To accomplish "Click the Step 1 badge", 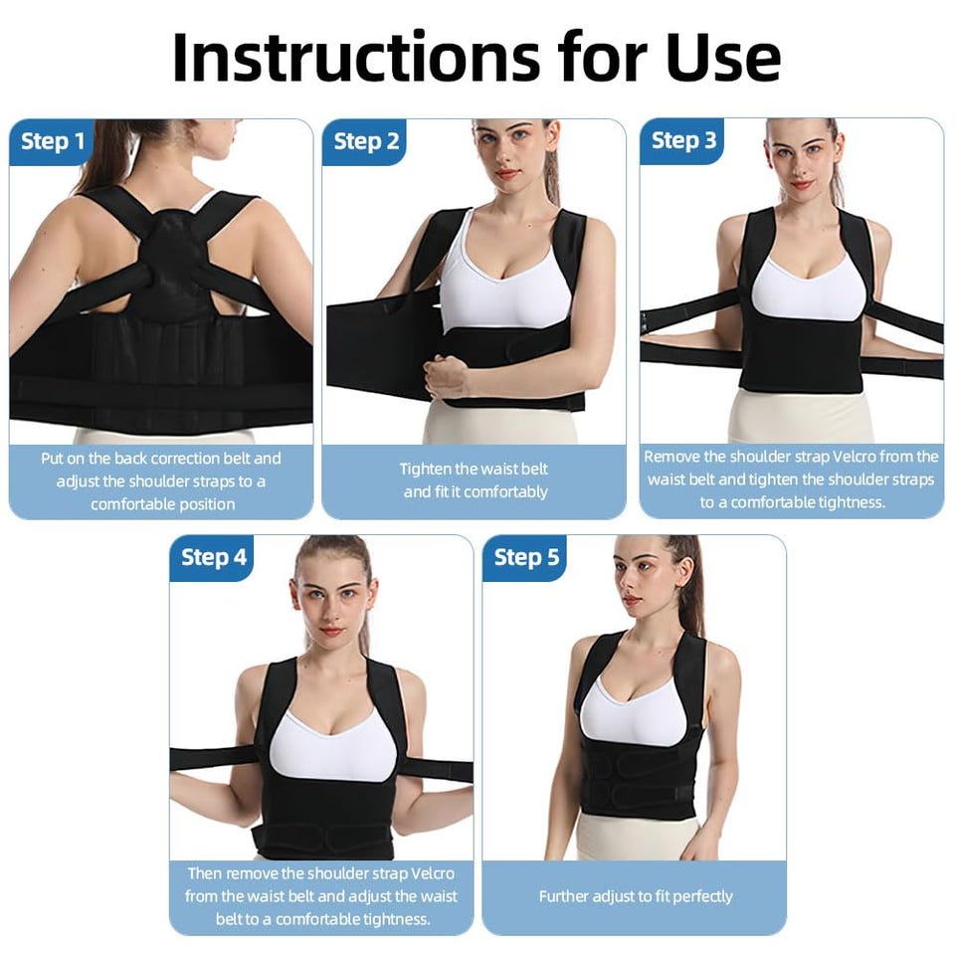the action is click(51, 141).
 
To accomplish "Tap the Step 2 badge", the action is click(364, 141).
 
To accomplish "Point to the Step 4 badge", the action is click(212, 557).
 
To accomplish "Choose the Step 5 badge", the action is click(525, 557).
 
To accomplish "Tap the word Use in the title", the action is click(723, 57).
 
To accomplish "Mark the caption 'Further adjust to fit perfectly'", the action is click(636, 896).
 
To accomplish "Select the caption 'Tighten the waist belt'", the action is click(474, 469).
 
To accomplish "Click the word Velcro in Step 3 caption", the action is click(856, 457).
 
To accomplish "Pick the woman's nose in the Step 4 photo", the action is click(328, 612).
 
